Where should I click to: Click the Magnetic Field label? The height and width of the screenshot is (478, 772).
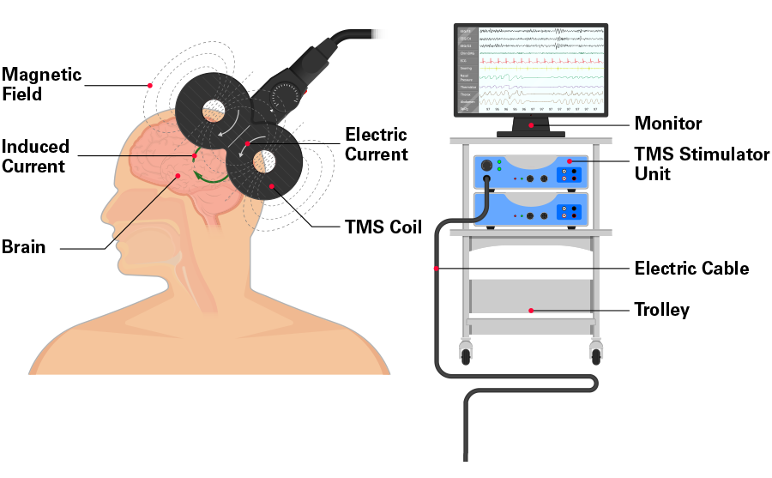click(41, 84)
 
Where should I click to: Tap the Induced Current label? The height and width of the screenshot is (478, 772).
click(35, 156)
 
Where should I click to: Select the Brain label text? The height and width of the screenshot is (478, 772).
click(23, 247)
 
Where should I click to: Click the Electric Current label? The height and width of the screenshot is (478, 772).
click(376, 145)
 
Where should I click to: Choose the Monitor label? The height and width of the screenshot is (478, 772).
click(667, 124)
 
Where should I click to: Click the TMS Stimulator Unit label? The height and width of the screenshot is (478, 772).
click(690, 163)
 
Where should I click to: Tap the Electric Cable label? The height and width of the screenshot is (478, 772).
click(691, 269)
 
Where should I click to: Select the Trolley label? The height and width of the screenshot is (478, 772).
click(661, 310)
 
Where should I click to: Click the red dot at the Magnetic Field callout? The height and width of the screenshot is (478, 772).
click(150, 85)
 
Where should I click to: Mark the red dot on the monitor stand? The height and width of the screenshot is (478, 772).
click(531, 125)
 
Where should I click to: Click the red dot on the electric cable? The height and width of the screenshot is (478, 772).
click(437, 269)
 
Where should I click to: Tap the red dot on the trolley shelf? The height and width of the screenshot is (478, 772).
click(531, 310)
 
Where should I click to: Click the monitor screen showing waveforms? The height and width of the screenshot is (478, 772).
click(530, 69)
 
